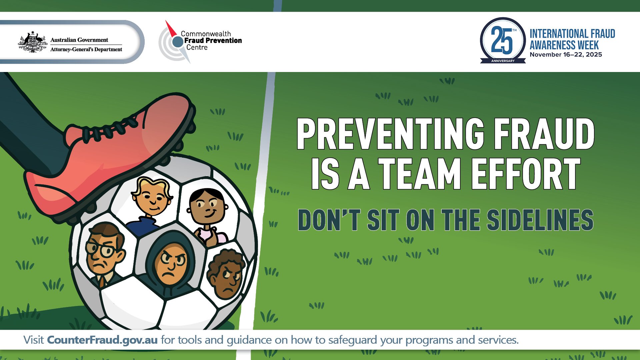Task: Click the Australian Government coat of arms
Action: coord(32,42)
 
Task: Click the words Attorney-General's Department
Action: coord(86,49)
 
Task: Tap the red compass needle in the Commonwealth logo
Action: coord(171,29)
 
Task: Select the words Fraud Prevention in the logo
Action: coord(213,41)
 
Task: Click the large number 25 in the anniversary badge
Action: coord(501,41)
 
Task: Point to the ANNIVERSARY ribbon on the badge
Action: coord(503,61)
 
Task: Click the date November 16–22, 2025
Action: coord(566,55)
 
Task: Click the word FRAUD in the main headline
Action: coord(544,134)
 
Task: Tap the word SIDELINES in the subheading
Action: coord(540,220)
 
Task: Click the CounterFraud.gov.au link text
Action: coord(102,340)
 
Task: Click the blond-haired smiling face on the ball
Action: coord(152,199)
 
